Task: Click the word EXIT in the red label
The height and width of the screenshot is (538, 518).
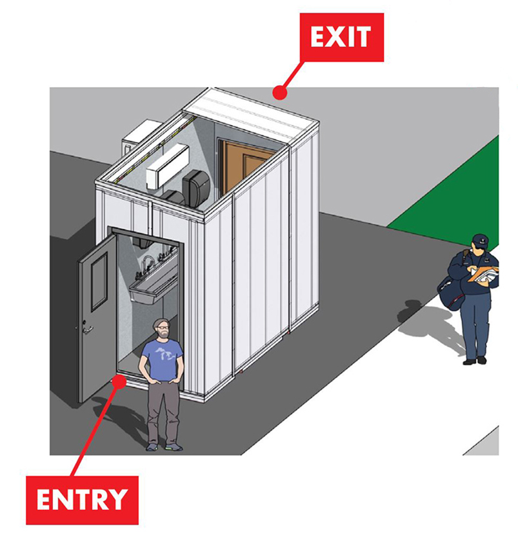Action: [x=341, y=36]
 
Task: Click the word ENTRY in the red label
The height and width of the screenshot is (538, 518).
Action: [x=82, y=499]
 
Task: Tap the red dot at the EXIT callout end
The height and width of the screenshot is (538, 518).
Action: [x=279, y=93]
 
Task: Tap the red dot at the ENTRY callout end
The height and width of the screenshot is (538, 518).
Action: [x=119, y=381]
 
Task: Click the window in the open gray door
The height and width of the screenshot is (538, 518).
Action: [x=99, y=283]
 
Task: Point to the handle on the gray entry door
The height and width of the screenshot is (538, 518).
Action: [x=87, y=330]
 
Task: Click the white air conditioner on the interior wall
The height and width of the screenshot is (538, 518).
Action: [x=167, y=166]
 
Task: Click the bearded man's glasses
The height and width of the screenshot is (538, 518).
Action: [x=163, y=328]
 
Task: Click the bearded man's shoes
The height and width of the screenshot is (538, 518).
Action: [x=164, y=447]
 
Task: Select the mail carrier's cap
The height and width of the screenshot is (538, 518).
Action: [x=481, y=239]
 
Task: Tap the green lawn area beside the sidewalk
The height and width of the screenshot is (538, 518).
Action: [x=453, y=203]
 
